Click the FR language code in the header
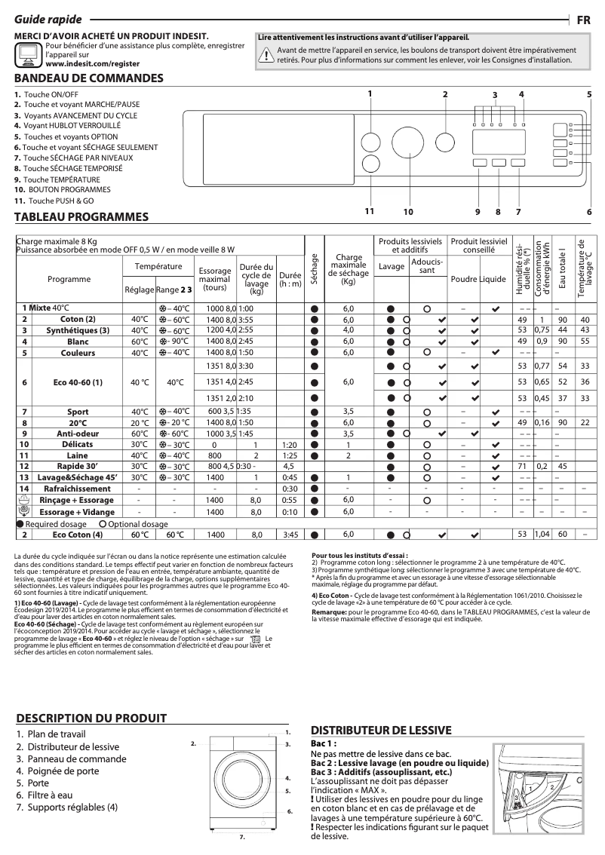[x=584, y=20]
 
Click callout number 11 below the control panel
[x=370, y=211]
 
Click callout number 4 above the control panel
[x=521, y=93]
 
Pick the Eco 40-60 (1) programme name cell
[x=78, y=382]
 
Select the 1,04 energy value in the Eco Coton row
[x=541, y=535]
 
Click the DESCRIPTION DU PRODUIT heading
[x=91, y=719]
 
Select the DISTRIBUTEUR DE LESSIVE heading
[x=381, y=730]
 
